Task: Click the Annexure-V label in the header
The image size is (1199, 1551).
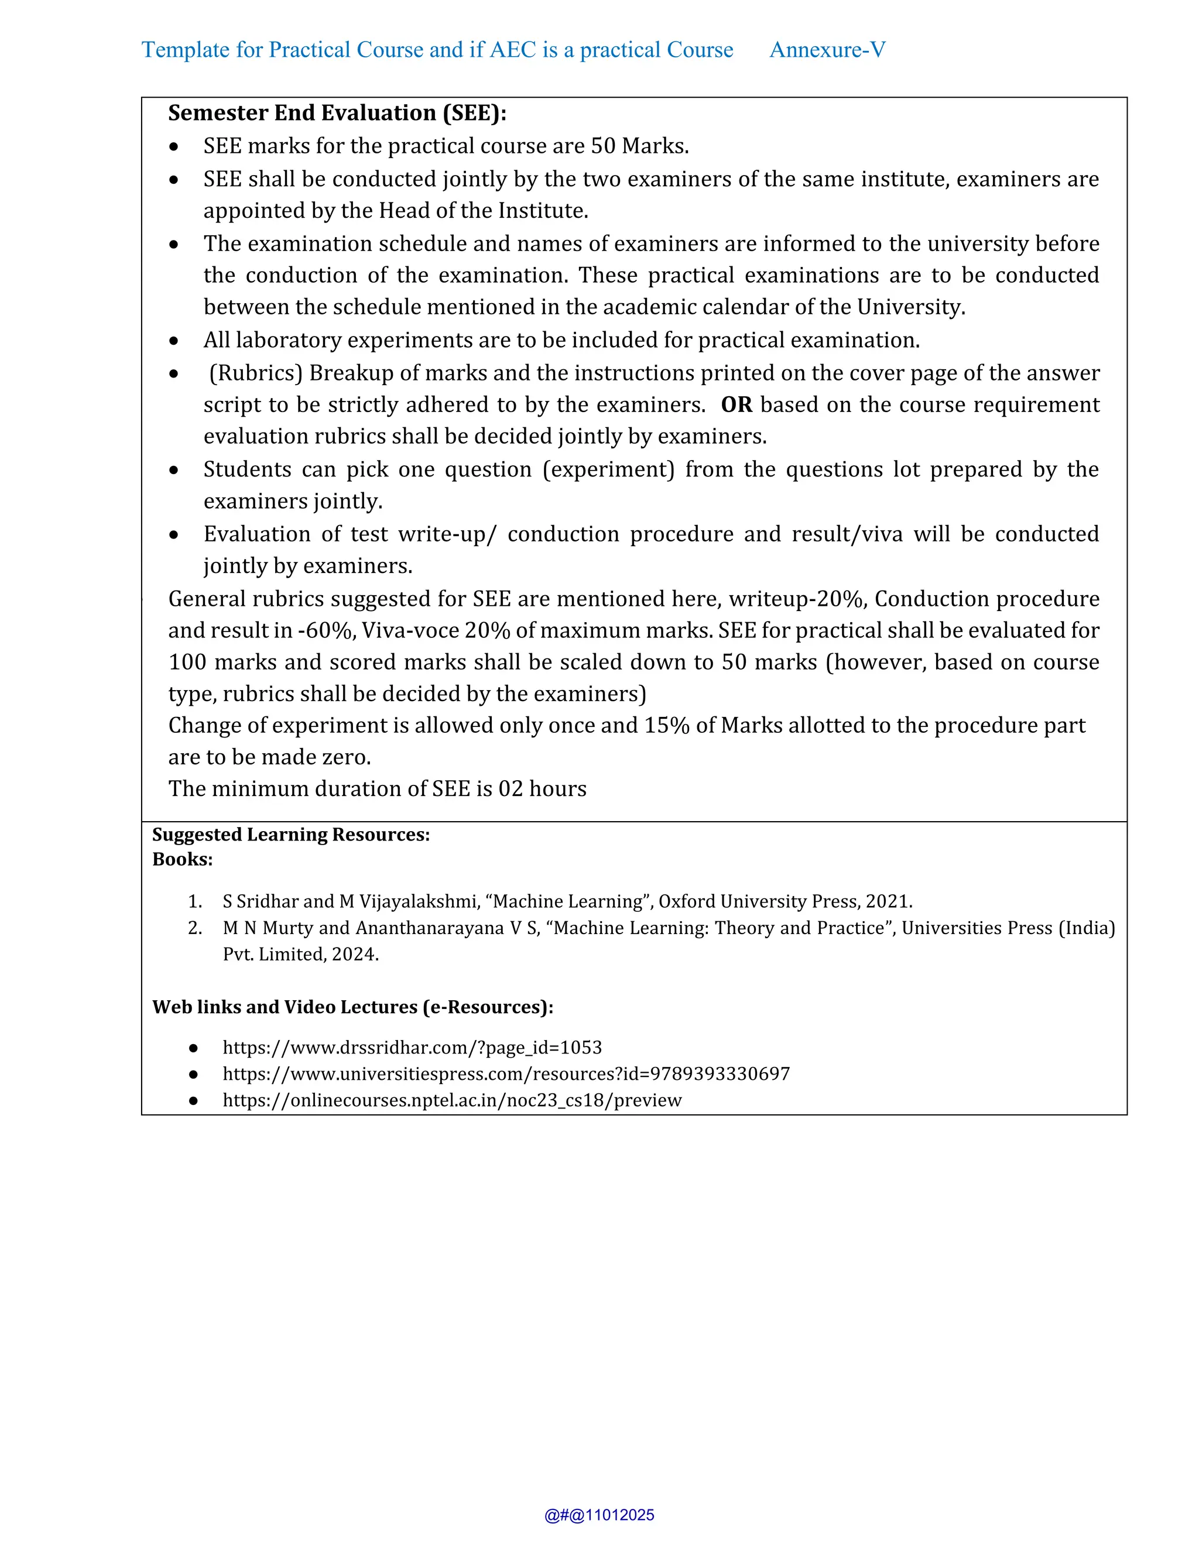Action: point(827,50)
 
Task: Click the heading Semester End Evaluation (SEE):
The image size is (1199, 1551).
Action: point(337,113)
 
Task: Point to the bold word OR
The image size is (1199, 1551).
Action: point(736,405)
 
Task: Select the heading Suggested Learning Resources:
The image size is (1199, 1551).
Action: point(291,835)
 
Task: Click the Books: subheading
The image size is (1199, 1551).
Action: point(183,859)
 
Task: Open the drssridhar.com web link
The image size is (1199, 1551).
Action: point(412,1048)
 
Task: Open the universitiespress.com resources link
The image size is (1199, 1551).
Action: point(506,1074)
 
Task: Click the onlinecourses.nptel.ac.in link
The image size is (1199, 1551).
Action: point(452,1100)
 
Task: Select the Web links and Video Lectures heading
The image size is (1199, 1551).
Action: point(352,1007)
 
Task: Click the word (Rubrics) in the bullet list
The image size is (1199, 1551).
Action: point(256,373)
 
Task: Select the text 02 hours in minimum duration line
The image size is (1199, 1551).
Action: point(542,789)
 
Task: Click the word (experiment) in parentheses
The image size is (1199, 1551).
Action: point(608,469)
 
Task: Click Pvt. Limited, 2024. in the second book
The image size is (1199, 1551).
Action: point(300,955)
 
